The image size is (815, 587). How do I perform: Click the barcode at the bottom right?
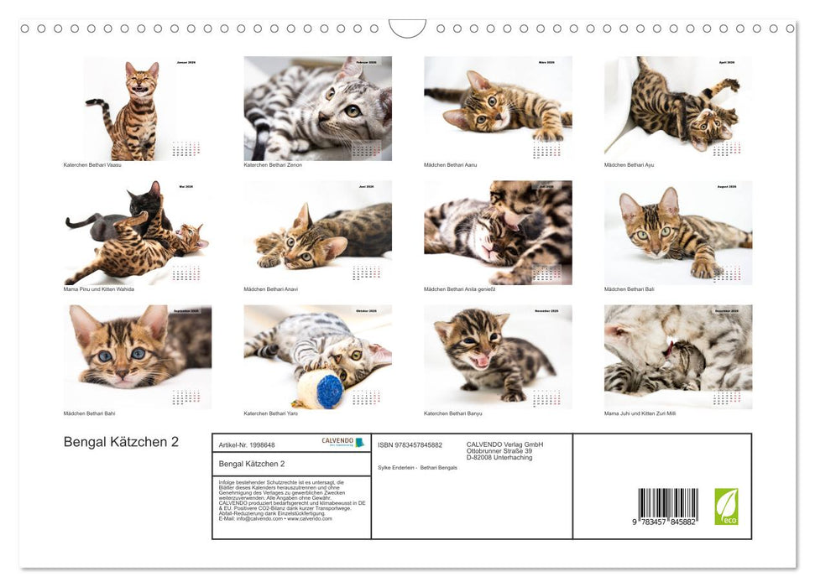tap(667, 506)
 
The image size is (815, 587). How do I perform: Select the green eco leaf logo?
tap(726, 506)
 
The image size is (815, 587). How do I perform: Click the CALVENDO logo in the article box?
tap(342, 442)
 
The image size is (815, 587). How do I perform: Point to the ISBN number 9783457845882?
tap(410, 444)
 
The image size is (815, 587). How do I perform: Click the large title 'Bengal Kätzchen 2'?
tap(121, 442)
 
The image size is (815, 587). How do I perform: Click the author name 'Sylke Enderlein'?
tap(396, 467)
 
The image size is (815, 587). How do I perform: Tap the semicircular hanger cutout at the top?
tap(407, 28)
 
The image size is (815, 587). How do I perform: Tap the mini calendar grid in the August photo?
tap(727, 274)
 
